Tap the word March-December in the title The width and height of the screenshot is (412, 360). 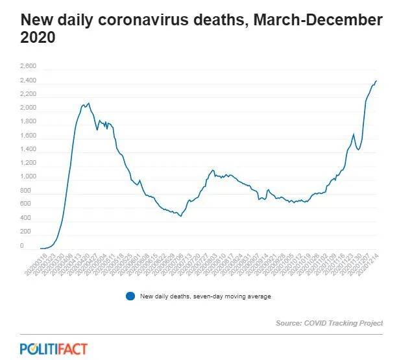point(318,19)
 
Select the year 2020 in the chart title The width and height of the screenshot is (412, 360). point(38,39)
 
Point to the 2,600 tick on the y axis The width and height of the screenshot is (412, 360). point(28,66)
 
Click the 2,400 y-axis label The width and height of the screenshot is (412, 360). point(28,80)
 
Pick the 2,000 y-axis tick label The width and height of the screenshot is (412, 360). point(28,108)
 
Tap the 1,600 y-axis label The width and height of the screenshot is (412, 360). point(28,136)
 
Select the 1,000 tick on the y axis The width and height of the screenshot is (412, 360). point(28,177)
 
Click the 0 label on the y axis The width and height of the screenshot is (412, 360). point(22,246)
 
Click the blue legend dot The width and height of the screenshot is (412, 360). point(130,296)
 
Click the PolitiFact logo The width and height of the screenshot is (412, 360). point(53,348)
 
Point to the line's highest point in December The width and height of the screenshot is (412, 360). point(376,81)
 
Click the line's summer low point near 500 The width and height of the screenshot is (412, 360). point(180,215)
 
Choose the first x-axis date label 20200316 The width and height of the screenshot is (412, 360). point(32,262)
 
